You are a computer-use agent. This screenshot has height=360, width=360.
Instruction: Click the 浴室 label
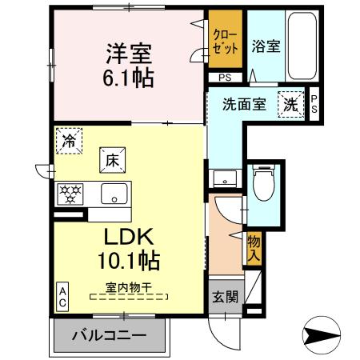265,46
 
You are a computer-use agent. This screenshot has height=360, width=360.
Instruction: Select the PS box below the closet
225,78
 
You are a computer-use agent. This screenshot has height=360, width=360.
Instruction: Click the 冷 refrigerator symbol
70,142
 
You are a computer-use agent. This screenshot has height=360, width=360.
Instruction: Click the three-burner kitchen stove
70,194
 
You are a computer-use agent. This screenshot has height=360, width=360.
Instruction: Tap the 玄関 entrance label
224,297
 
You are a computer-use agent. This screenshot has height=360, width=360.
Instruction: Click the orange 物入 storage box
254,249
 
